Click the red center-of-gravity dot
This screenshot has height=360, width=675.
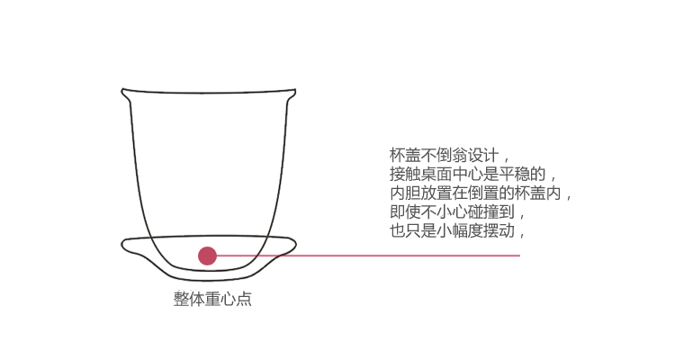pyautogui.click(x=208, y=256)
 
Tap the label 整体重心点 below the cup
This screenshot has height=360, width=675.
pyautogui.click(x=212, y=300)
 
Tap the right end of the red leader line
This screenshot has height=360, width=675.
pyautogui.click(x=519, y=256)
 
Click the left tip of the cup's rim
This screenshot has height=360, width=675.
pyautogui.click(x=123, y=90)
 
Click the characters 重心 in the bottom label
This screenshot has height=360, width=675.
pyautogui.click(x=212, y=300)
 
